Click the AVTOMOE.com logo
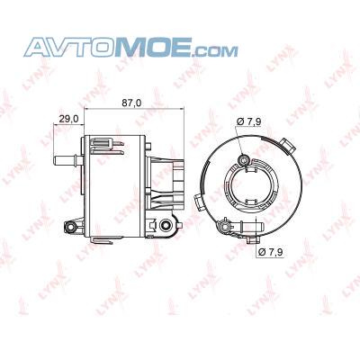[130, 47]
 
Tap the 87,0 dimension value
[131, 103]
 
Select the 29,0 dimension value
[68, 119]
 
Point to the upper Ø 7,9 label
[248, 121]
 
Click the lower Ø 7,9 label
[270, 252]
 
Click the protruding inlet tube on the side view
[68, 160]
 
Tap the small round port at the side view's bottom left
[71, 228]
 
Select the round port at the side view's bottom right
[166, 225]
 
